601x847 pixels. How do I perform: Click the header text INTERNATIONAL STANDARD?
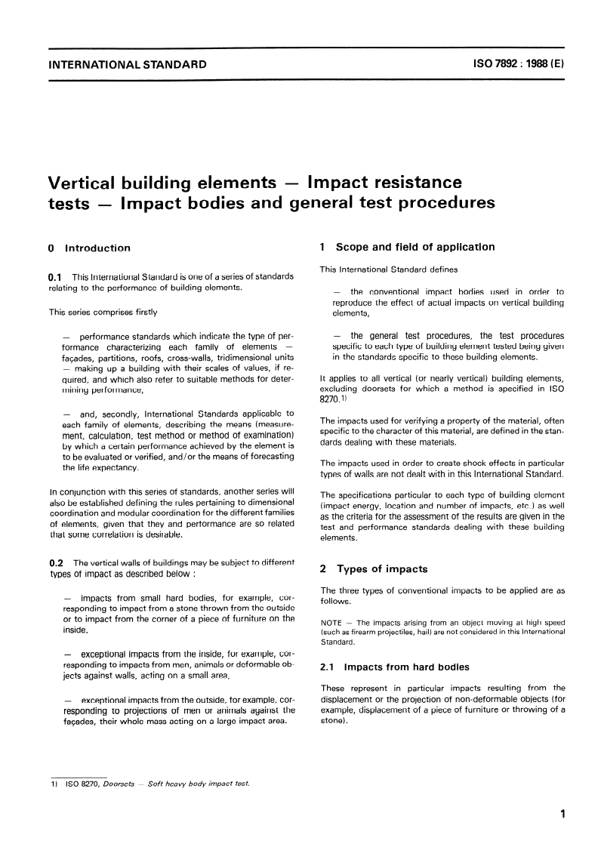coord(127,65)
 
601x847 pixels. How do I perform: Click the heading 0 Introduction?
coord(88,248)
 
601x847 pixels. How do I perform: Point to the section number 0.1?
coord(56,278)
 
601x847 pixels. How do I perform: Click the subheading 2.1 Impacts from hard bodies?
coord(395,667)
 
